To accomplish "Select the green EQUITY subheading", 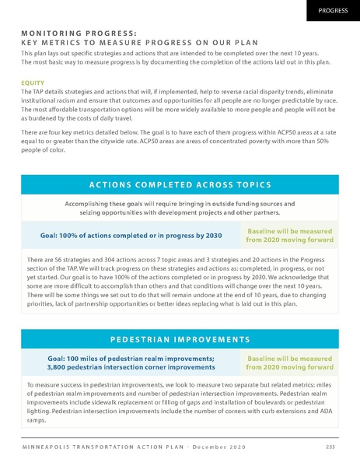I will click(33, 81).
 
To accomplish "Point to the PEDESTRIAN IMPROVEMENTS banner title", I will click(180, 339).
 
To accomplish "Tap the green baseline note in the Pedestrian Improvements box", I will click(288, 363).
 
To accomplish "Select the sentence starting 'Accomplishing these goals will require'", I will click(180, 208).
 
